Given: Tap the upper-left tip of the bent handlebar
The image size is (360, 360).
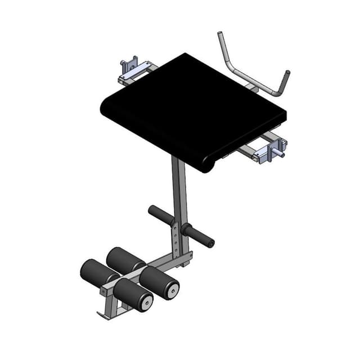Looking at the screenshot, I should coord(220,34).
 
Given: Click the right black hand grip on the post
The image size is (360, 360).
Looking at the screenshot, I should coord(198,235).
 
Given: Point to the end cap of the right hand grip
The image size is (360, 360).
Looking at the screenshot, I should coord(211,244).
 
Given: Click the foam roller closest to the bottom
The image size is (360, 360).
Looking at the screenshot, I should coord(132,294).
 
